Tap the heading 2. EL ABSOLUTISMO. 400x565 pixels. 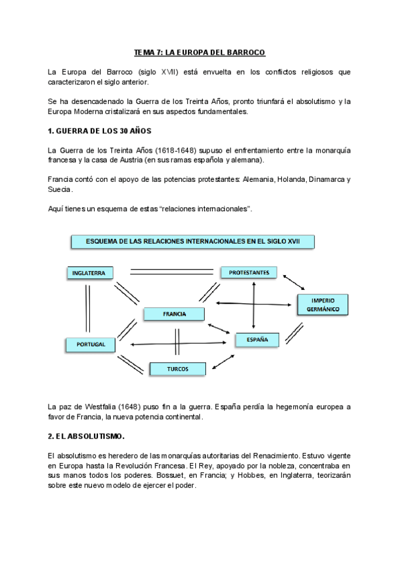pyautogui.click(x=87, y=436)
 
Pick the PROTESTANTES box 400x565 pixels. pyautogui.click(x=248, y=273)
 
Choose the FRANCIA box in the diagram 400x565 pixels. pyautogui.click(x=174, y=313)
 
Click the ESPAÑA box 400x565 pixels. pyautogui.click(x=257, y=340)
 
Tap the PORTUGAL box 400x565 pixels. pyautogui.click(x=90, y=344)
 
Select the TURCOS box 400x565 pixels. pyautogui.click(x=177, y=368)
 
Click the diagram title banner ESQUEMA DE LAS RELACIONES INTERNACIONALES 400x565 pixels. pyautogui.click(x=193, y=242)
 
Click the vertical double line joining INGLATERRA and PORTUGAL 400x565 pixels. pyautogui.click(x=87, y=308)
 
